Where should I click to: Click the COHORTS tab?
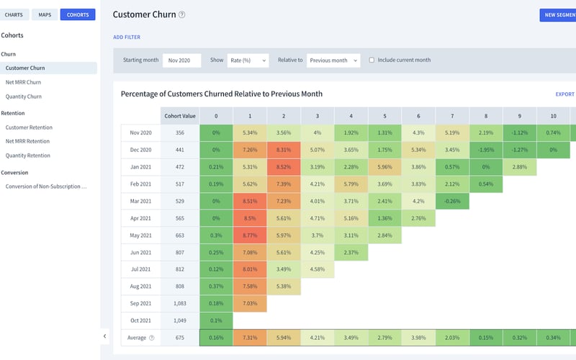[78, 14]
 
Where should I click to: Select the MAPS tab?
[45, 14]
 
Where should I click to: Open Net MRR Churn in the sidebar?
[24, 82]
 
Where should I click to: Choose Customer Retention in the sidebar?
[29, 127]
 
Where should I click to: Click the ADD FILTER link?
[127, 37]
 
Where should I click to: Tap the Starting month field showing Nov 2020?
[181, 60]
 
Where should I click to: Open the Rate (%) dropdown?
[248, 60]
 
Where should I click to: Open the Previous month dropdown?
[333, 60]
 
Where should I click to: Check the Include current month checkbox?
[372, 60]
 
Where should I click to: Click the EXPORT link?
[564, 94]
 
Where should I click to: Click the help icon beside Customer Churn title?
[182, 14]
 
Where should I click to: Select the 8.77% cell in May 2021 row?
[250, 235]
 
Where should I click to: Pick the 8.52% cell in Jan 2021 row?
[284, 167]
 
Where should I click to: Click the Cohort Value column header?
[180, 115]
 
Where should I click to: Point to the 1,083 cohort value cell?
[180, 304]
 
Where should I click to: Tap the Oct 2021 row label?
[140, 320]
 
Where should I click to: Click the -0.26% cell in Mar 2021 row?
[453, 201]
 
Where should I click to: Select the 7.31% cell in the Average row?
[250, 338]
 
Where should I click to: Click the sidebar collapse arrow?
[105, 336]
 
